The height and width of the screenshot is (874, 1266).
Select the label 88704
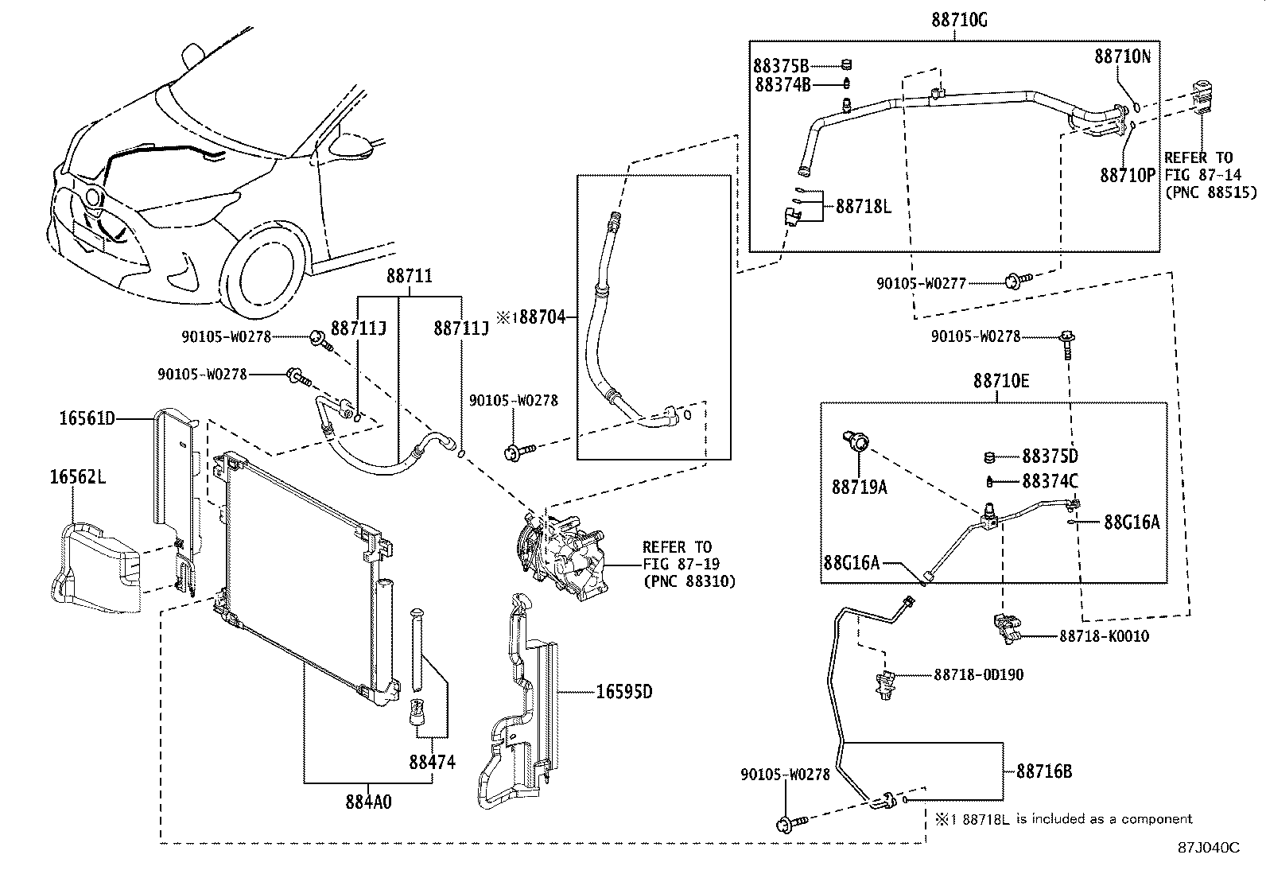click(x=544, y=317)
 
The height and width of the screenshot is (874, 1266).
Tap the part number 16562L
click(x=78, y=477)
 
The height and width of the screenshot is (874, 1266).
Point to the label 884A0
click(x=368, y=802)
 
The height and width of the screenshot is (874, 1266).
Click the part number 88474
click(x=433, y=762)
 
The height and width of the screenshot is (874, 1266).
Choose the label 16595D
click(x=624, y=692)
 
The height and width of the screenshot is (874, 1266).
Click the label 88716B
click(x=1044, y=771)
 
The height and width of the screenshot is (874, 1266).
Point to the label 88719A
click(x=859, y=487)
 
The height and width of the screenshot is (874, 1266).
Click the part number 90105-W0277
click(x=921, y=283)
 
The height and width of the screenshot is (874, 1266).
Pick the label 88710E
click(x=1000, y=381)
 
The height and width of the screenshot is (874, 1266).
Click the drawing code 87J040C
click(x=1209, y=848)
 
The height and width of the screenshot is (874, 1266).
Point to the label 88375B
click(x=782, y=65)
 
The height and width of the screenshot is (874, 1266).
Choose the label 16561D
click(x=87, y=418)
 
